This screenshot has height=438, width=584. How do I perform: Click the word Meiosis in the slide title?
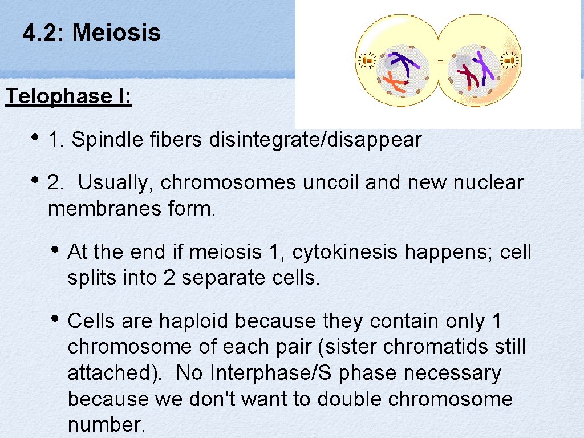[116, 33]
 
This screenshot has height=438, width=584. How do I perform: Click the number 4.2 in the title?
[44, 33]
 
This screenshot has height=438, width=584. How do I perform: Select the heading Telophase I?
[68, 96]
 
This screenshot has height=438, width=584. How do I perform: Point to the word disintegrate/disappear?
[315, 139]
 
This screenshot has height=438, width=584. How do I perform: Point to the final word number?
[106, 425]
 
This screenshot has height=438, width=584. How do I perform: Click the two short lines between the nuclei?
[440, 60]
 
